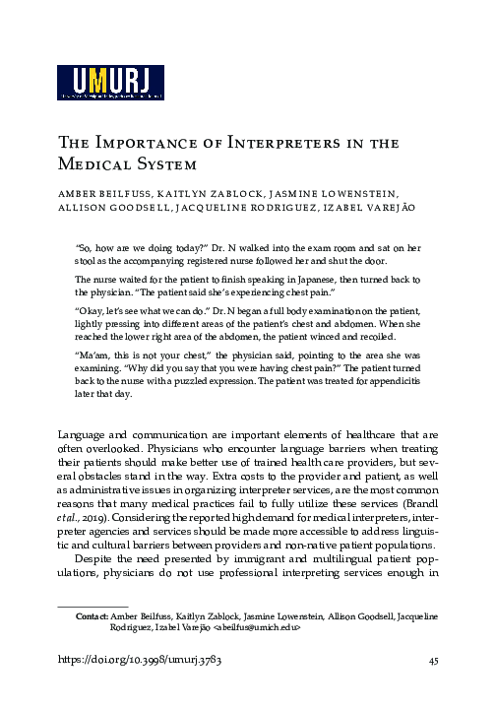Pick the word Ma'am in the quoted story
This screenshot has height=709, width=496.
91,352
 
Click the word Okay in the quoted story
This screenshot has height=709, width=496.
92,308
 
